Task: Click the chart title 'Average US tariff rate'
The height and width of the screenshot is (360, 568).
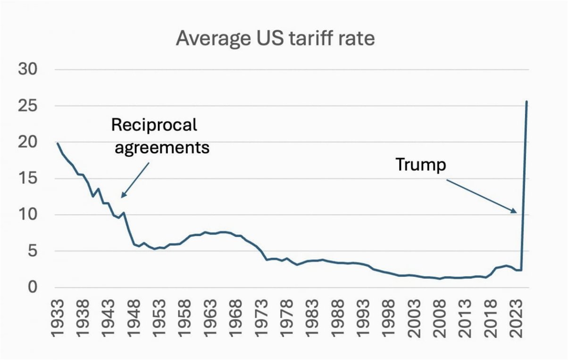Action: pos(275,38)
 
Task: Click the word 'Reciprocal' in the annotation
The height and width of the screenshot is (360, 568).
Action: pos(154,126)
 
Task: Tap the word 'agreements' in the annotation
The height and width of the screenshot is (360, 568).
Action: pos(162,147)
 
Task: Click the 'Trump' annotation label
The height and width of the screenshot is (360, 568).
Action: pos(420,165)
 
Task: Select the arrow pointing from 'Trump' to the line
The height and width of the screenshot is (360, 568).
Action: pos(481,196)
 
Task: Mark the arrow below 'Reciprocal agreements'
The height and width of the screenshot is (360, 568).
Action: pos(136,180)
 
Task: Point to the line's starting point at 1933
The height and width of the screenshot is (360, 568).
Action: pos(57,142)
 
